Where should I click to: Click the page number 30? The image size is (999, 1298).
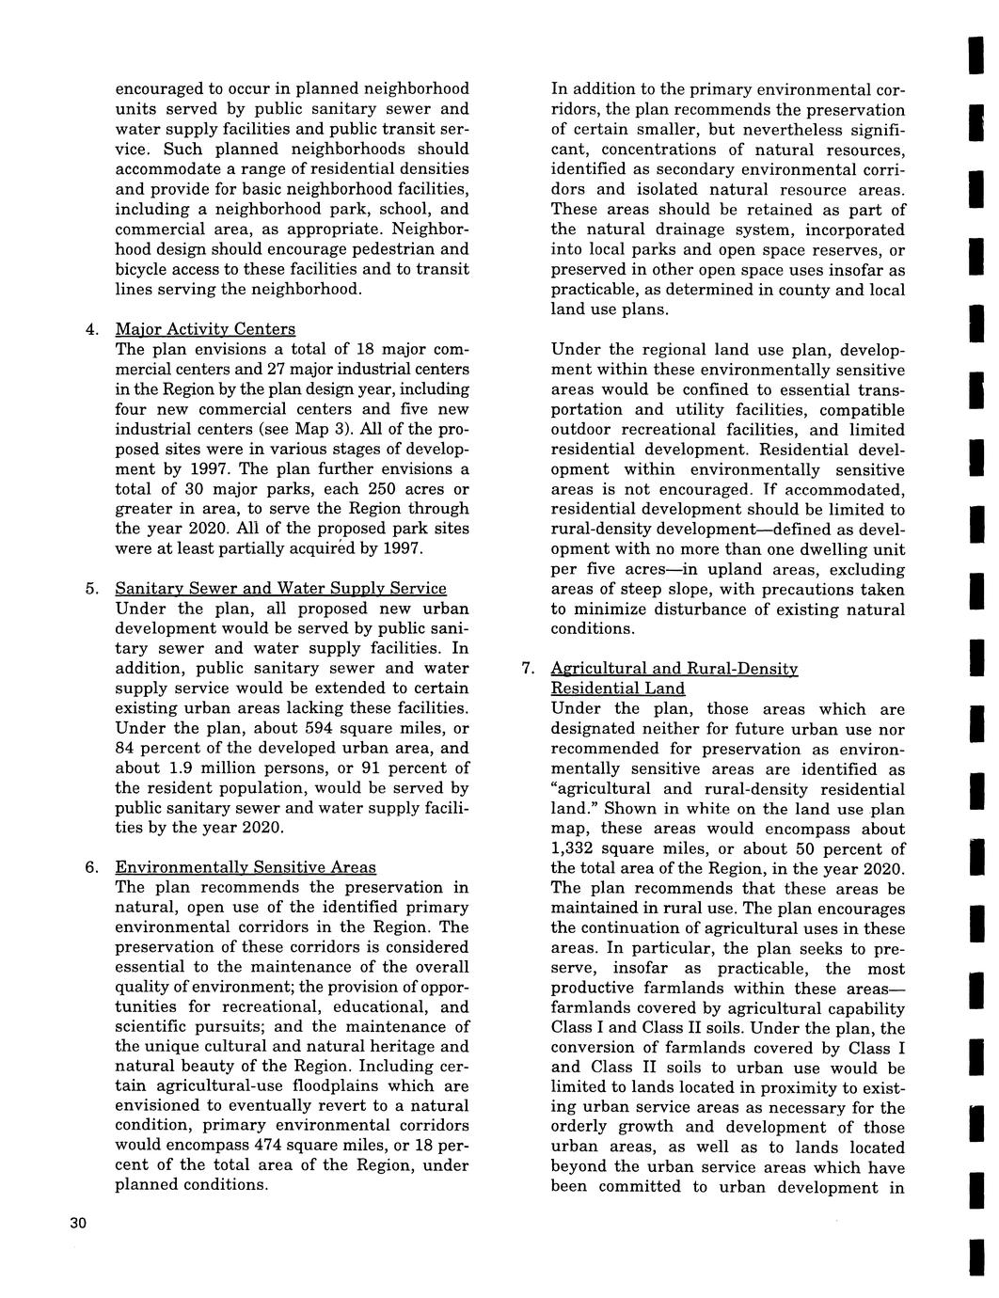pyautogui.click(x=77, y=1223)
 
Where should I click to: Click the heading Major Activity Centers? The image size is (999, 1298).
pyautogui.click(x=205, y=329)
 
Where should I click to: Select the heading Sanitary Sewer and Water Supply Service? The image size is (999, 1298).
pyautogui.click(x=280, y=589)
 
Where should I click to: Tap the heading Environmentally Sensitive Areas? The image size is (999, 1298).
pyautogui.click(x=246, y=867)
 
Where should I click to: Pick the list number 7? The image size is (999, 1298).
pyautogui.click(x=529, y=670)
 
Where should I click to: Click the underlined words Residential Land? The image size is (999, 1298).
pyautogui.click(x=617, y=689)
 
